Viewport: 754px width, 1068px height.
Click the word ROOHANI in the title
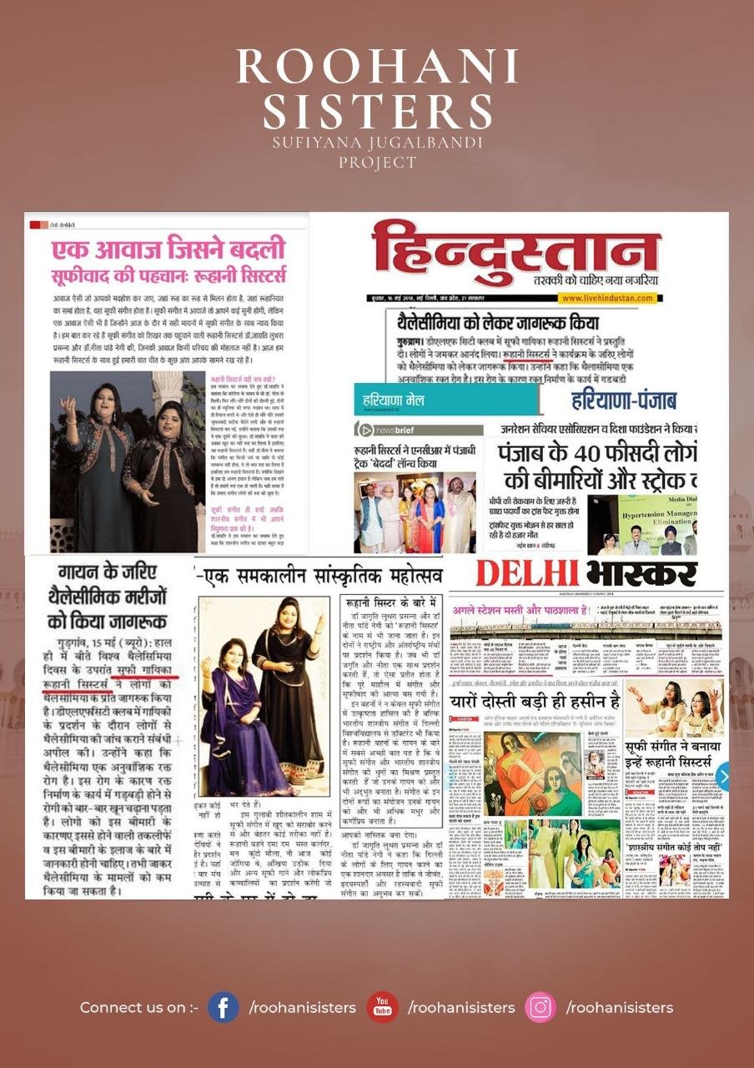377,68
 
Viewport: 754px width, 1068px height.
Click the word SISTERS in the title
377,111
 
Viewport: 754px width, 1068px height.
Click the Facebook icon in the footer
224,1007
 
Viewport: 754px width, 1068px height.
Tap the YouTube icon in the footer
383,1007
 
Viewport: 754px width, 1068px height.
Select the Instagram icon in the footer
540,1007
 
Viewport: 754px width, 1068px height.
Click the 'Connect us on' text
138,1008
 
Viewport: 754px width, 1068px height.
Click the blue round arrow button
723,776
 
